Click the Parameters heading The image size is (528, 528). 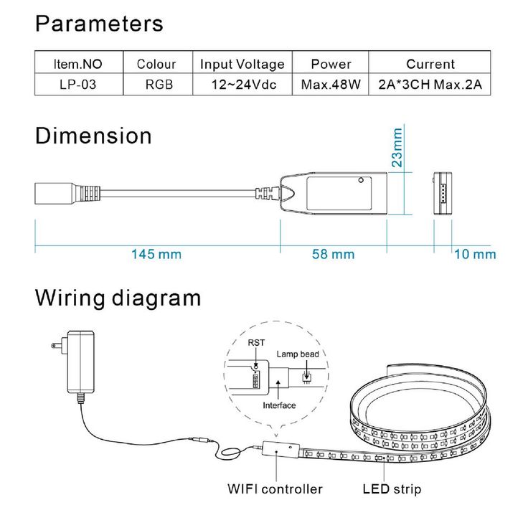[99, 24]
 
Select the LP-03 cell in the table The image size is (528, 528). [78, 85]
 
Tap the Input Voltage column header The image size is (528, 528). [242, 64]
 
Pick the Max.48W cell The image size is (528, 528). [331, 85]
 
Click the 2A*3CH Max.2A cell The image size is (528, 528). [430, 85]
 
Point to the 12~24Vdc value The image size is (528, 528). [242, 85]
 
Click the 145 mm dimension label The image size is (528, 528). [156, 254]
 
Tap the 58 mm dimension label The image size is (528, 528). [334, 254]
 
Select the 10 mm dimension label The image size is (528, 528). [475, 254]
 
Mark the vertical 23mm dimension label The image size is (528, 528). [397, 148]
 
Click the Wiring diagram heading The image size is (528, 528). [118, 298]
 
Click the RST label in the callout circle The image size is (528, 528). [256, 343]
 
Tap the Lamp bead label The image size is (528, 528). [298, 354]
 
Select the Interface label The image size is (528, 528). [279, 405]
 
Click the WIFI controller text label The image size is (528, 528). [275, 489]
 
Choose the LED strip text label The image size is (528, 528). [392, 489]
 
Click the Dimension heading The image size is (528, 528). [93, 136]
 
